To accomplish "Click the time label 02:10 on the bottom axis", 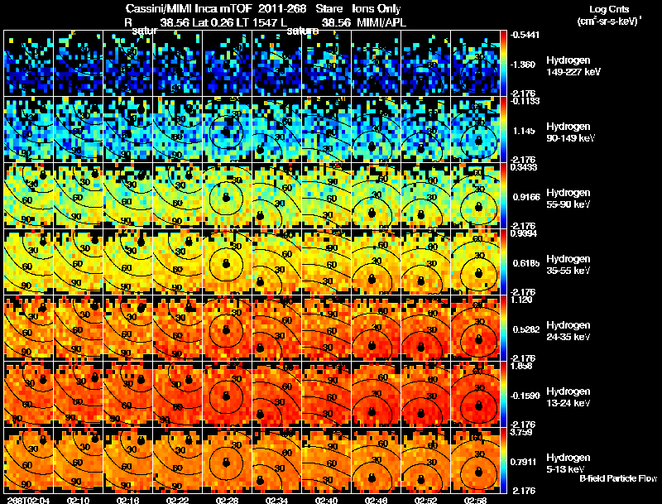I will [x=79, y=500].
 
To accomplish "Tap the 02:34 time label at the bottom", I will [x=277, y=500].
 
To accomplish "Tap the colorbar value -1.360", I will [x=523, y=64].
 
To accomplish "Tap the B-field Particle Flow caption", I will [x=618, y=478].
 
